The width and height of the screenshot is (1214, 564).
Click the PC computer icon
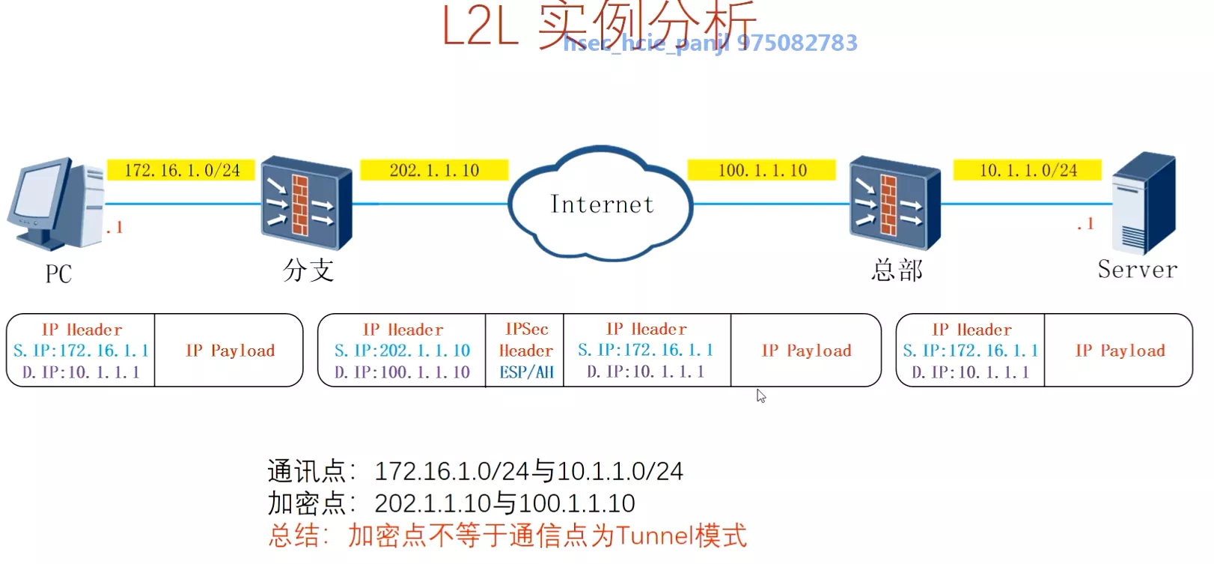click(x=56, y=203)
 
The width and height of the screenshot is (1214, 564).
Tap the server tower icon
click(x=1143, y=203)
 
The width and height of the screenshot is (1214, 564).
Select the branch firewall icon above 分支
click(x=305, y=202)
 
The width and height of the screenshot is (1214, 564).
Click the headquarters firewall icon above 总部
click(x=894, y=202)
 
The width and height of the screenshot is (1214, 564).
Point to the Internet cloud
click(x=601, y=204)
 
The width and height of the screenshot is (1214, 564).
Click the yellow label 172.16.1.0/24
click(x=182, y=170)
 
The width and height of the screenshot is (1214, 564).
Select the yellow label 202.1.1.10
click(x=434, y=170)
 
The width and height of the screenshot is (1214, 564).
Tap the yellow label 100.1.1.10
click(x=762, y=170)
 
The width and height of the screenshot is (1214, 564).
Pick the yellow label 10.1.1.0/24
click(x=1028, y=170)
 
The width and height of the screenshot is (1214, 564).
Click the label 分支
click(x=308, y=270)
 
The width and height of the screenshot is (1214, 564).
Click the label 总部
click(x=897, y=270)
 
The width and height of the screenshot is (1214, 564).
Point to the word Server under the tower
click(x=1137, y=270)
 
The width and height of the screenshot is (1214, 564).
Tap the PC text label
click(x=58, y=274)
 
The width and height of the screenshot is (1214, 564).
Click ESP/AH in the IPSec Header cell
click(x=526, y=372)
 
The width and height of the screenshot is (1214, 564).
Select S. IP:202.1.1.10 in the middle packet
click(x=402, y=351)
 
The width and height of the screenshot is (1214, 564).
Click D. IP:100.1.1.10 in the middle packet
click(x=402, y=372)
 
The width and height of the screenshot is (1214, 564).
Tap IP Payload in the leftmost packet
click(x=230, y=351)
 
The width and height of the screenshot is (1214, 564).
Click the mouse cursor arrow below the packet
click(x=760, y=395)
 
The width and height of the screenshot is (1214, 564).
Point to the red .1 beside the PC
click(x=115, y=228)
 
